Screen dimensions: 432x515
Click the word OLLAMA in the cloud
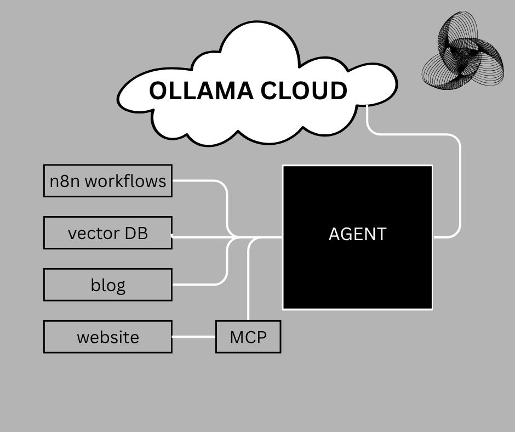pos(201,90)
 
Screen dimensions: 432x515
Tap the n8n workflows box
pos(108,180)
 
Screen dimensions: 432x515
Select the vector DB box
pos(108,233)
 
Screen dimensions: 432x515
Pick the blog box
pos(108,285)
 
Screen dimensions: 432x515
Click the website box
pos(108,337)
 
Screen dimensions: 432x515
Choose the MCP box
pos(248,337)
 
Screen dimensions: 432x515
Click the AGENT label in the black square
pos(357,234)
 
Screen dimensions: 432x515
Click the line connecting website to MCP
pos(194,337)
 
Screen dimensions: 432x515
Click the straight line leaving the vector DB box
pos(203,237)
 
